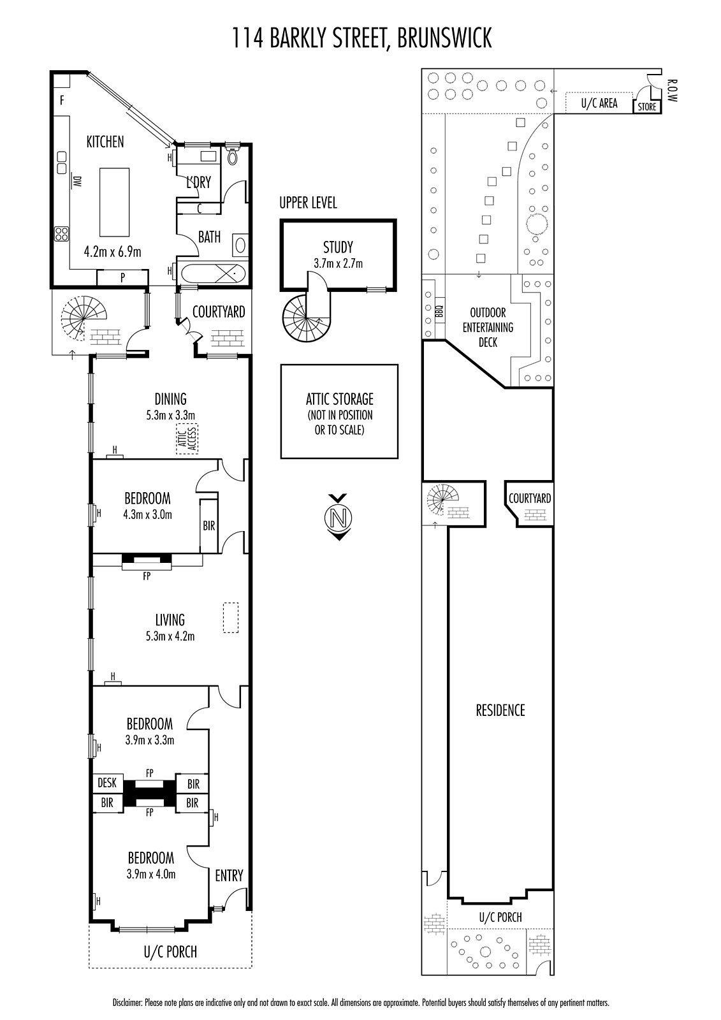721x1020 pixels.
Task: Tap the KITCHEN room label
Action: point(105,142)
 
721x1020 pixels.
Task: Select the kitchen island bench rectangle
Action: point(114,201)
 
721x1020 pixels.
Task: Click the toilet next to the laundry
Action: point(233,155)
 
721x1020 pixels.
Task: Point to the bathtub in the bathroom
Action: point(213,275)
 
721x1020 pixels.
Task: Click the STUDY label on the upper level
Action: point(338,247)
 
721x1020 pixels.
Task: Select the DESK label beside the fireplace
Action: point(107,782)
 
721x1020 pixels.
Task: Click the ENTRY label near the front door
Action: point(229,875)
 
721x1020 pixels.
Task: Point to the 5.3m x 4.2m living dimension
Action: point(170,636)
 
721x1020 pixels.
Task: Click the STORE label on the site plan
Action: point(647,106)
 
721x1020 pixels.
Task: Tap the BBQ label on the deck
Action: point(439,311)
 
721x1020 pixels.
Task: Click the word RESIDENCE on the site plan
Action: point(500,710)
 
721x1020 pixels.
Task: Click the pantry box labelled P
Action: point(122,277)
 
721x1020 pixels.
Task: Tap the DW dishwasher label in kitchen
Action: point(77,181)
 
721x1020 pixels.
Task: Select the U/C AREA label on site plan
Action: point(599,103)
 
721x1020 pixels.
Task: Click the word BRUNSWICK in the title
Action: point(444,38)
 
